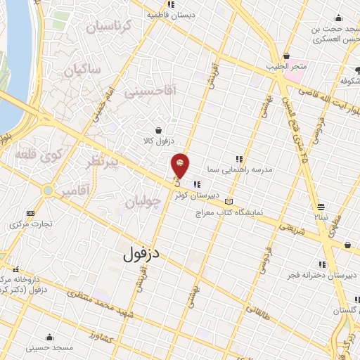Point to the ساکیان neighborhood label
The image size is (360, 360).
click(x=83, y=70)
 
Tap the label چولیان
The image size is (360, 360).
click(x=143, y=202)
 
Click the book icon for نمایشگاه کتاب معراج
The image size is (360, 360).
click(x=227, y=202)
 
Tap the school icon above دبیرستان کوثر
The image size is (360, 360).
click(x=197, y=185)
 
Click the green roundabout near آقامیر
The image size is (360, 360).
click(x=48, y=191)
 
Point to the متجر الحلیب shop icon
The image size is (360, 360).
click(x=286, y=56)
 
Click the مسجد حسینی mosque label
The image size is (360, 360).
click(x=49, y=347)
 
